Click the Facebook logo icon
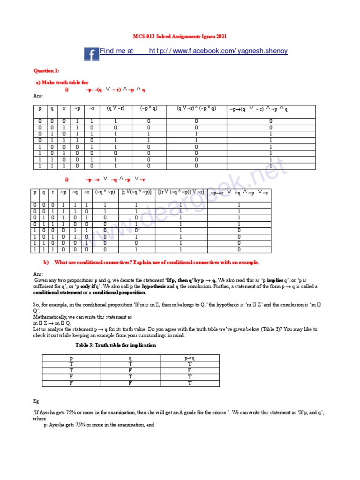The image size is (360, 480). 91,54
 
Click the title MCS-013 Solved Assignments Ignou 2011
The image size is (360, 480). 180,37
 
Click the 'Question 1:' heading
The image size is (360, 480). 46,71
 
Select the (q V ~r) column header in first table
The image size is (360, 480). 115,108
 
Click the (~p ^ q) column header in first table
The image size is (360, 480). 149,108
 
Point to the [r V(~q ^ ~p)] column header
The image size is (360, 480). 136,192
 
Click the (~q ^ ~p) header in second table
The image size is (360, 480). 105,192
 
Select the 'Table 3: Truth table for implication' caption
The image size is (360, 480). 116,345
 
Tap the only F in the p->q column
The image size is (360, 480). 189,369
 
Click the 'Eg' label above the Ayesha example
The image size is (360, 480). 36,402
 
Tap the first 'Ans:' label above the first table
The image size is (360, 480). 38,96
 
